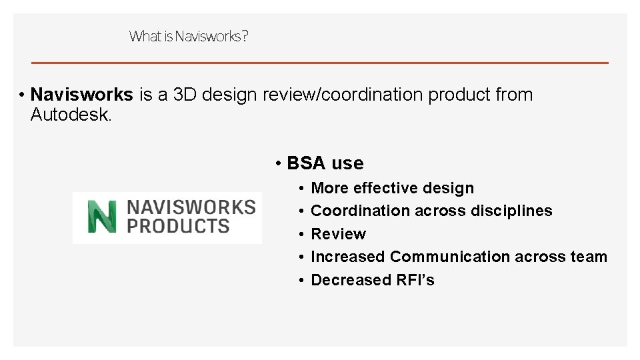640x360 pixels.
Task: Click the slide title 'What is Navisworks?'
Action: coord(189,36)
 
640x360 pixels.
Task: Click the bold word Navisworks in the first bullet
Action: coord(82,95)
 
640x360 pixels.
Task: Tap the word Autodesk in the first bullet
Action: coord(70,115)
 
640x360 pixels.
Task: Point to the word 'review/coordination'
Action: coord(343,95)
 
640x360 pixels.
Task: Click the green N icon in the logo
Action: coord(101,216)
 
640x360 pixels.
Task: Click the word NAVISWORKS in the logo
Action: coord(191,207)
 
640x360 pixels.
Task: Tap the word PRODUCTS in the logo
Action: coord(178,226)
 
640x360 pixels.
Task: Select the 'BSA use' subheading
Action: coord(325,163)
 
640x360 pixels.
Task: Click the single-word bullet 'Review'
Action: coord(339,234)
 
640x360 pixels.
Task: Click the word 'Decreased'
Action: coord(351,280)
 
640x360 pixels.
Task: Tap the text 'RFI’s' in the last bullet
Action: coord(415,280)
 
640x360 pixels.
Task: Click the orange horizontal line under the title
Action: coord(320,63)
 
